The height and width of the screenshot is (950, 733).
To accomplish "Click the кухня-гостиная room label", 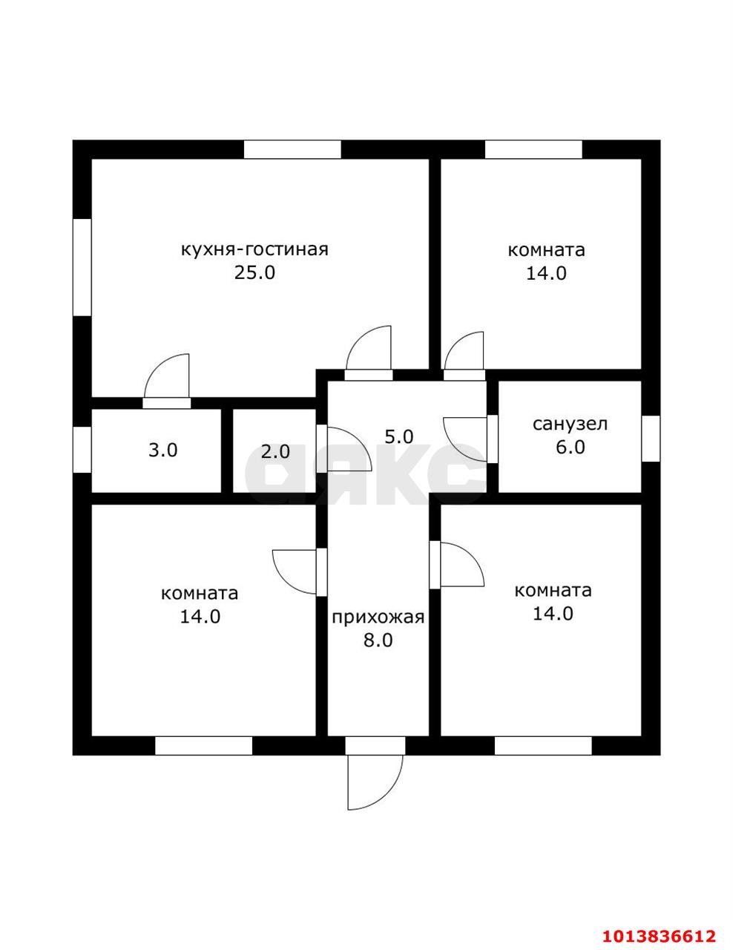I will tap(254, 249).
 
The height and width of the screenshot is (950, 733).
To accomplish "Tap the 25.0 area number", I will tap(254, 272).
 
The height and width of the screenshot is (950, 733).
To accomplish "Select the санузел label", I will tap(570, 424).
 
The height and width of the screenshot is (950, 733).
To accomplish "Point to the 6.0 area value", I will tap(569, 447).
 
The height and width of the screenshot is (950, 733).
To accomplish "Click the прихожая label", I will tap(378, 617).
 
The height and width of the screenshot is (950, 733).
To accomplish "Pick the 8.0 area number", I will tap(378, 641).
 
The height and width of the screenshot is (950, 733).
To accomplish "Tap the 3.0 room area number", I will tap(162, 450).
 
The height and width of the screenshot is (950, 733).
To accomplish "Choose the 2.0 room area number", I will tap(275, 451).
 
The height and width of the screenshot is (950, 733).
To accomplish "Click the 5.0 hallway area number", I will tap(398, 437).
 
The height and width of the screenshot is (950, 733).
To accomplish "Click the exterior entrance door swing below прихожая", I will tap(375, 779).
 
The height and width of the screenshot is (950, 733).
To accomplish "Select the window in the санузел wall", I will tap(651, 438).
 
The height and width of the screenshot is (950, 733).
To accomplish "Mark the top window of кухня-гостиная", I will tap(292, 149).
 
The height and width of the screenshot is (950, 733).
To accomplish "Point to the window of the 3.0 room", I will tap(82, 448).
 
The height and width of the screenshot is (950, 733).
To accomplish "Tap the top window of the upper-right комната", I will tap(533, 149).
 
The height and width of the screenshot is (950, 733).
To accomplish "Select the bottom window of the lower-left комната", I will tap(204, 745).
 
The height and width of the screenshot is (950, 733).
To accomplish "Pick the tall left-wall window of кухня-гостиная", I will tap(82, 266).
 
